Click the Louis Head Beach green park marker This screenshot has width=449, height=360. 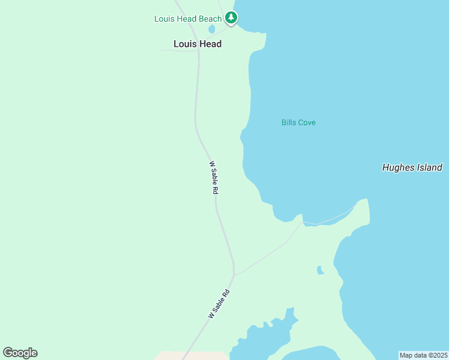point(231,18)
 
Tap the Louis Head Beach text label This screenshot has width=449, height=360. point(188,19)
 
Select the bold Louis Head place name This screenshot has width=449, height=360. point(197,44)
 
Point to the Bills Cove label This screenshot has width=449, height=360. point(298,122)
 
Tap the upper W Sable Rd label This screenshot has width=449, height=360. point(213,177)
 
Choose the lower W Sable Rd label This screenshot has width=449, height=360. point(219,304)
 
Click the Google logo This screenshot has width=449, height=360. point(20,353)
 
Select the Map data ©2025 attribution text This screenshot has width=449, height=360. point(424,355)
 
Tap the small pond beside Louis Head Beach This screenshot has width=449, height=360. point(211,29)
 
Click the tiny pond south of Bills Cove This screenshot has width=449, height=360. point(320,270)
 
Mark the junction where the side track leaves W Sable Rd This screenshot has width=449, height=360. point(235,275)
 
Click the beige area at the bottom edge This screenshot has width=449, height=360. point(192,356)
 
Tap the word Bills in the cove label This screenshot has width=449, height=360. point(288,122)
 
